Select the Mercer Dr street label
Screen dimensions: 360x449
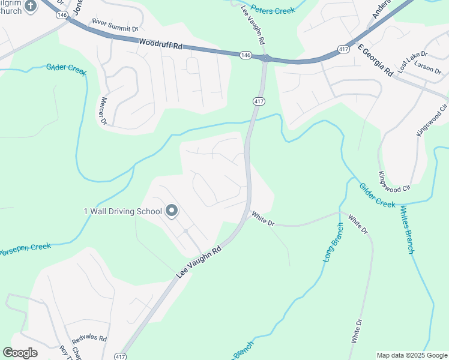[x=103, y=111]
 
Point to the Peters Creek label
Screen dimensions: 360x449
[x=273, y=10]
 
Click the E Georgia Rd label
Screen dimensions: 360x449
[x=374, y=59]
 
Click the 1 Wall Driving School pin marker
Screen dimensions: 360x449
[x=172, y=211]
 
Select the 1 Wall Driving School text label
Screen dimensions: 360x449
[x=122, y=211]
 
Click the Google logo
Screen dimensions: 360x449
[x=20, y=353]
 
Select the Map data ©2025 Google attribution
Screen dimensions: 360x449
[x=412, y=355]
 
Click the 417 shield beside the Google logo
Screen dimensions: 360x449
[x=121, y=356]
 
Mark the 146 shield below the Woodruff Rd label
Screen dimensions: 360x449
[x=245, y=55]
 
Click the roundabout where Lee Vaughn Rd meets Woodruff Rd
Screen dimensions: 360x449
[x=265, y=58]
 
